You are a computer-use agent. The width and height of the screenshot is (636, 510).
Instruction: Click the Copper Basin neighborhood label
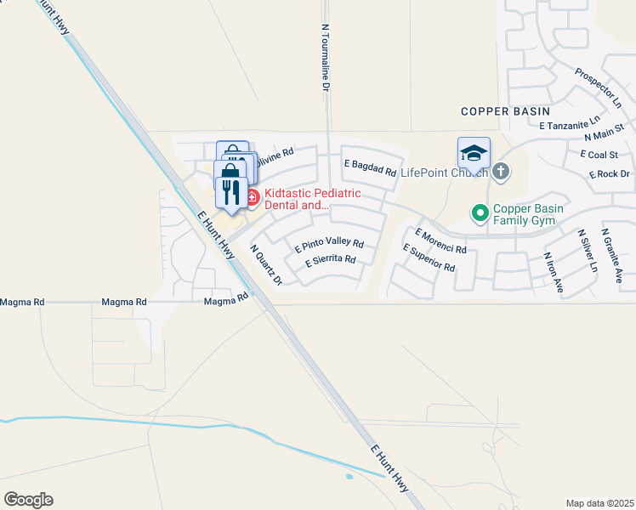point(505,111)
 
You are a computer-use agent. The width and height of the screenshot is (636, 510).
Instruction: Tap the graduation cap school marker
point(474,153)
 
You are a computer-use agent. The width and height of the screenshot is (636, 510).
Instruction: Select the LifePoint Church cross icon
point(501,172)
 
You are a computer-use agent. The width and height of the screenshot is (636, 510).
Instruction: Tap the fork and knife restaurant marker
point(230,193)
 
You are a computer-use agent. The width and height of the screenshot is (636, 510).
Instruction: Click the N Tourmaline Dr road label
point(325,56)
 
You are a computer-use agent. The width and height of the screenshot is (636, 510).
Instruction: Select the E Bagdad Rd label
point(370,167)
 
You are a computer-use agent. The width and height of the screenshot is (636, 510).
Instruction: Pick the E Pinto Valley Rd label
point(329,245)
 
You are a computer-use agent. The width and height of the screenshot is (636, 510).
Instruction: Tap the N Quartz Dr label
point(265,265)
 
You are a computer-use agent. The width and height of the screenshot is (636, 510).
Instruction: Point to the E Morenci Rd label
point(440,241)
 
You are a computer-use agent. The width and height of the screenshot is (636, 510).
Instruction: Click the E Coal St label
point(599,155)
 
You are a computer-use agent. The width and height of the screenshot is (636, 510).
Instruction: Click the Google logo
point(28,500)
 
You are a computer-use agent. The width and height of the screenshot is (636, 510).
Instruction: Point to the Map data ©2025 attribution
point(599,503)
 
